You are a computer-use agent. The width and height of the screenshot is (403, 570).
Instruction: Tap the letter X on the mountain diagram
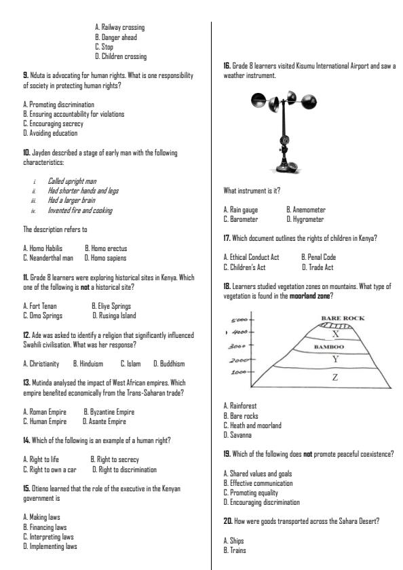pos(334,334)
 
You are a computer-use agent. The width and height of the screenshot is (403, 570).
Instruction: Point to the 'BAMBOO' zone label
pos(330,346)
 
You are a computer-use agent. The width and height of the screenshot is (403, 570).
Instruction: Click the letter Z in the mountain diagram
pos(334,377)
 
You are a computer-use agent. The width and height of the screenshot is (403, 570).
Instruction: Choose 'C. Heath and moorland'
pos(252,425)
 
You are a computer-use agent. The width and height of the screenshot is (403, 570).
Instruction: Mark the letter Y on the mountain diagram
pos(334,358)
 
